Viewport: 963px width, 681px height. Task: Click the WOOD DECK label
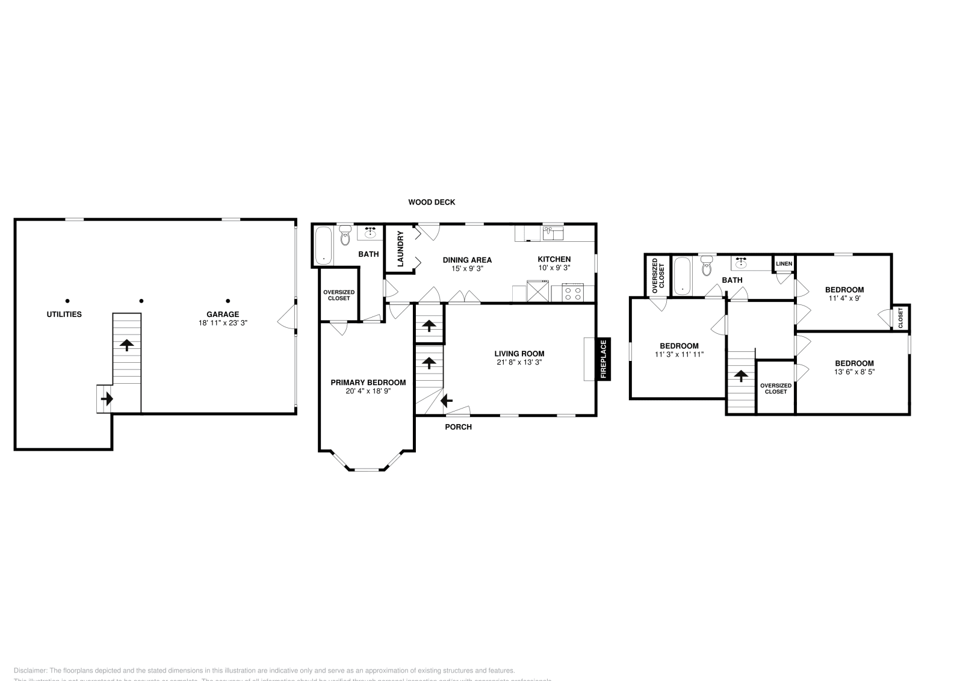[x=432, y=202]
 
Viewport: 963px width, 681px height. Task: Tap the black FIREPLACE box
[x=604, y=359]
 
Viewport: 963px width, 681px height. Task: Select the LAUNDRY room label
[x=400, y=248]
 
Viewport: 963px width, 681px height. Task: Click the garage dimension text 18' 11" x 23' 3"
[x=223, y=322]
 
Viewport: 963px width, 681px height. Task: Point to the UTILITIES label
[x=64, y=314]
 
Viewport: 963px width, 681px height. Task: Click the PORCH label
[x=458, y=427]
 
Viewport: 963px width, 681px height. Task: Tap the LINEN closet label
[x=784, y=263]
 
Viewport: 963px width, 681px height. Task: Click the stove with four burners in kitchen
[x=573, y=294]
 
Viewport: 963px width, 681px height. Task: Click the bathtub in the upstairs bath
[x=682, y=276]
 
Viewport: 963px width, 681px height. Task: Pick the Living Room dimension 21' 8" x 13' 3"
[x=519, y=363]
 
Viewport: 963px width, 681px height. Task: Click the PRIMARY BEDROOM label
[x=368, y=382]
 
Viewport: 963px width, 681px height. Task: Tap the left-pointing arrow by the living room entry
[x=447, y=400]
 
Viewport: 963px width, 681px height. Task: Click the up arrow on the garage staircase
[x=127, y=345]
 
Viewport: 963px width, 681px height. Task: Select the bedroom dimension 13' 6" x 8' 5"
[x=854, y=372]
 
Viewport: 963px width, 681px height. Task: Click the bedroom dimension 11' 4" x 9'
[x=844, y=298]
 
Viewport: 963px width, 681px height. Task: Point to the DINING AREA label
[x=467, y=260]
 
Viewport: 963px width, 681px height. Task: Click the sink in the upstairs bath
[x=742, y=263]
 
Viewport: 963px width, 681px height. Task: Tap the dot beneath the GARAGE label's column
[x=228, y=301]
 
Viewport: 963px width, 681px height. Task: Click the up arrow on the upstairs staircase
[x=740, y=376]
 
